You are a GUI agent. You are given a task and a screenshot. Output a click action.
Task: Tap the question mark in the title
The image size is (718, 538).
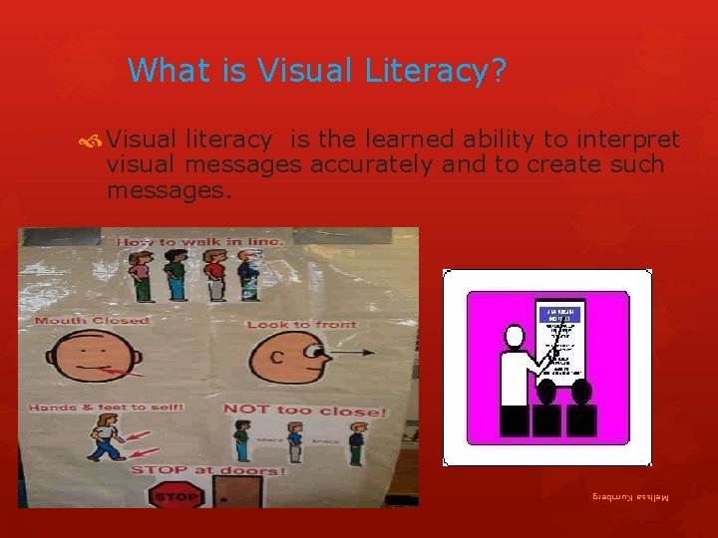(498, 71)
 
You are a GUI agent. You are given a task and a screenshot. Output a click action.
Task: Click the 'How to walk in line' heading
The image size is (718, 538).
(200, 242)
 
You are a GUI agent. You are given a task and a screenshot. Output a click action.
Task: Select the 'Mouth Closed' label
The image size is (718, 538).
(92, 321)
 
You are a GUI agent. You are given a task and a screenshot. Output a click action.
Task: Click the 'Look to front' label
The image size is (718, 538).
(301, 325)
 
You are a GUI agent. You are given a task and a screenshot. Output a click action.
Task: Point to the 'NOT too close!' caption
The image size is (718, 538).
(304, 410)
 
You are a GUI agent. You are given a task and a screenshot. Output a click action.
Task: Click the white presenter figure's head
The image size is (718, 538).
(516, 336)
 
